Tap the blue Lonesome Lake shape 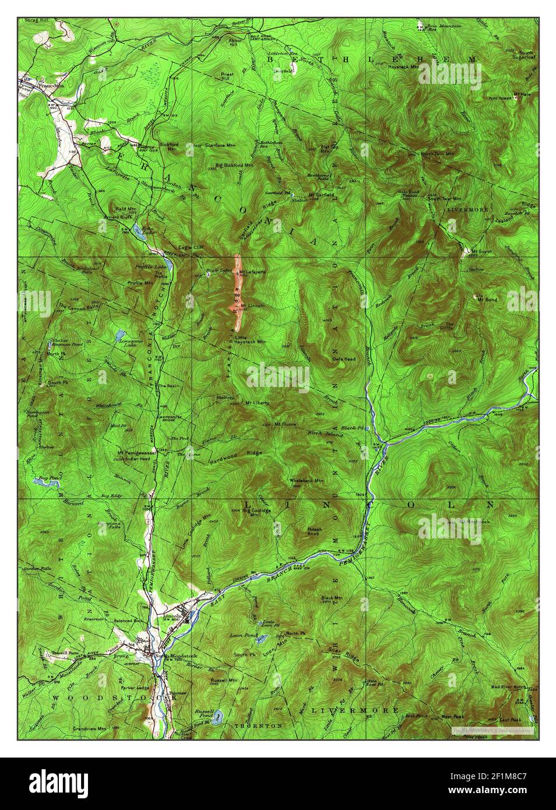click(x=119, y=335)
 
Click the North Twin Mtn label click(x=438, y=154)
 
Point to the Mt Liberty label click(x=255, y=403)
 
